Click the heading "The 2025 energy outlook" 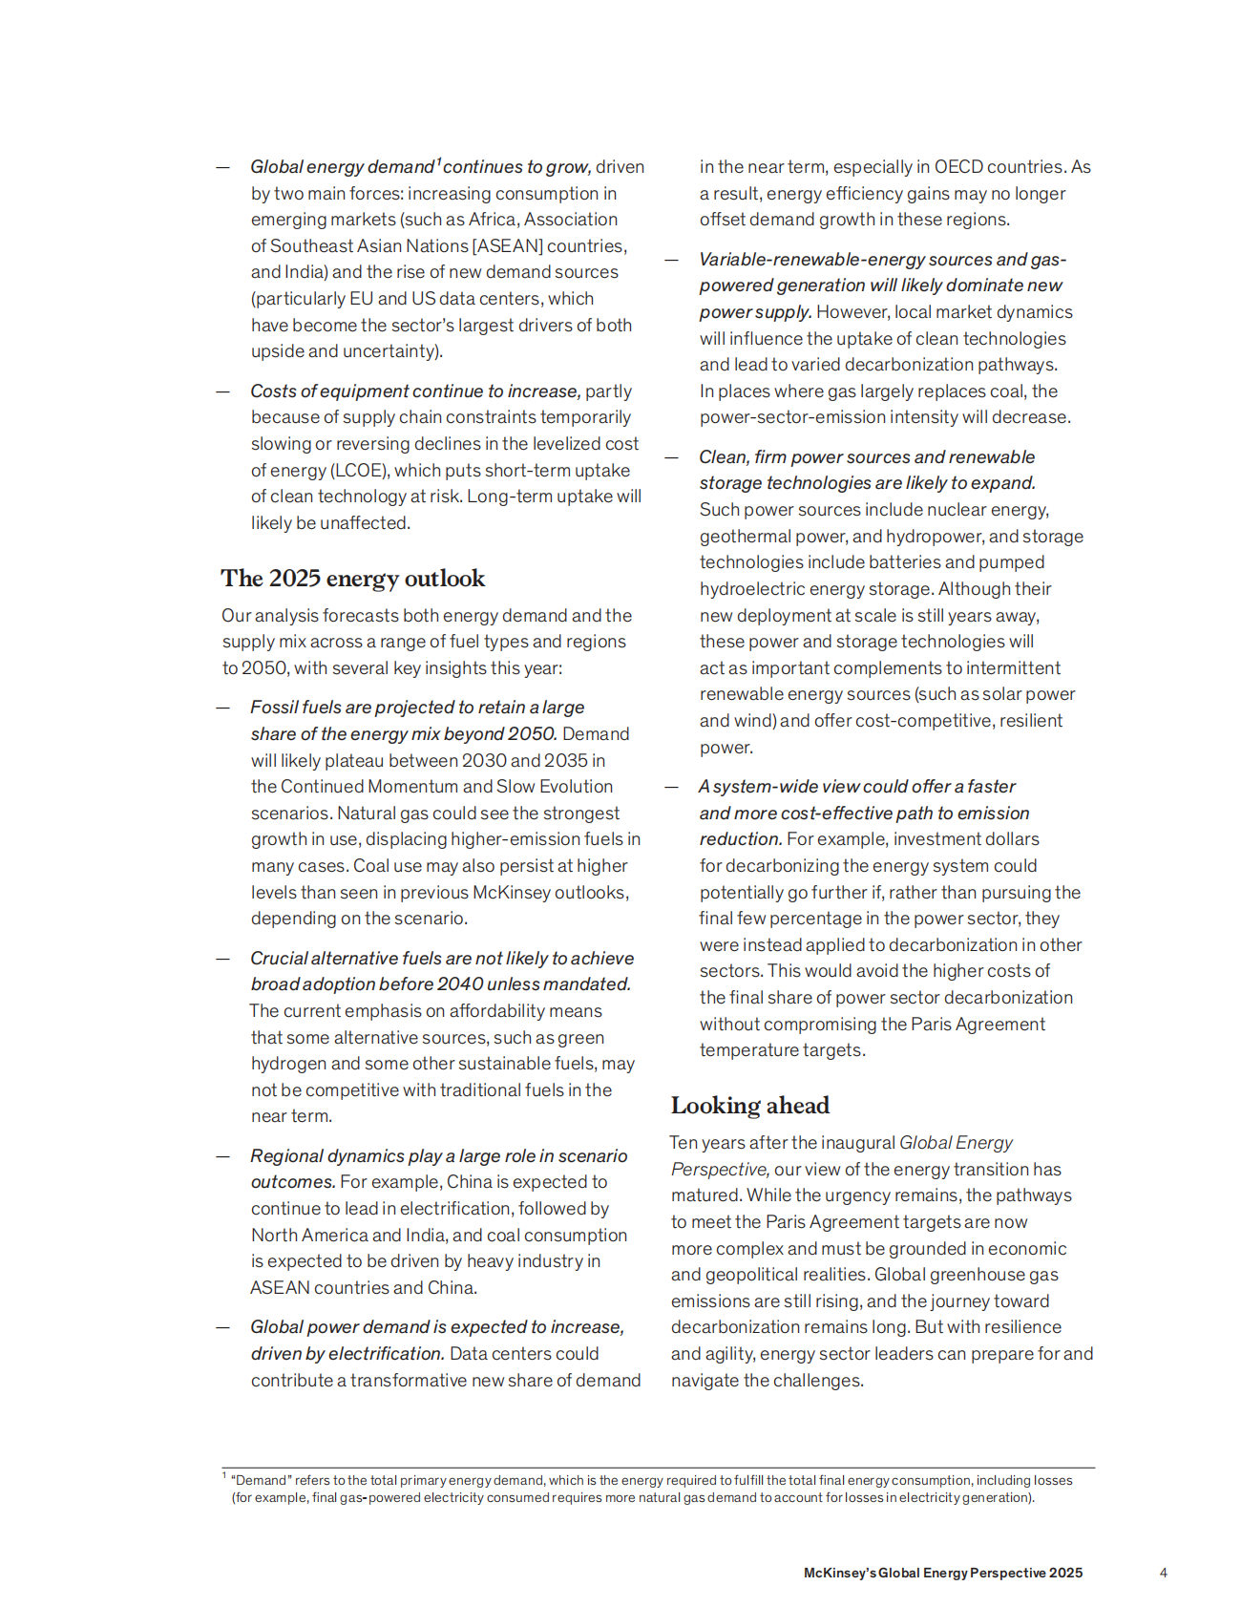point(352,579)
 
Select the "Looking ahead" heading point(749,1106)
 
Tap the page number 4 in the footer point(1163,1573)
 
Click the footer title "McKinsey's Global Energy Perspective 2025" point(942,1573)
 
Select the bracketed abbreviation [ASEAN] point(508,246)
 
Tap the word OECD point(957,167)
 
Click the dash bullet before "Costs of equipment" point(222,391)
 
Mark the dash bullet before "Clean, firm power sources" point(671,457)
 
